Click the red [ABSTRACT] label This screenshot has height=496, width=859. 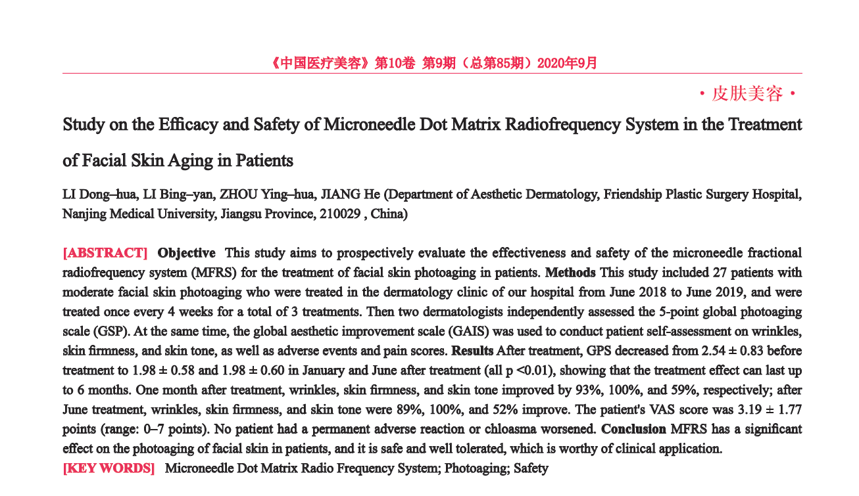coord(105,253)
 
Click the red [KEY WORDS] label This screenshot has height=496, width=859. coord(109,468)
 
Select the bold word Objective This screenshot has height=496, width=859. coord(186,253)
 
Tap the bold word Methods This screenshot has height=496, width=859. coord(570,273)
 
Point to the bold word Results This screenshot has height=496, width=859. coord(472,351)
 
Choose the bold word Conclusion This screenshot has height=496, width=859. coord(633,429)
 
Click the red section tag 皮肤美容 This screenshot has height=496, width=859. coord(747,95)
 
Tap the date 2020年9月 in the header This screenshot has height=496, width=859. coord(567,64)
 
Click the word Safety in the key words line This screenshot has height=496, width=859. coord(531,468)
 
